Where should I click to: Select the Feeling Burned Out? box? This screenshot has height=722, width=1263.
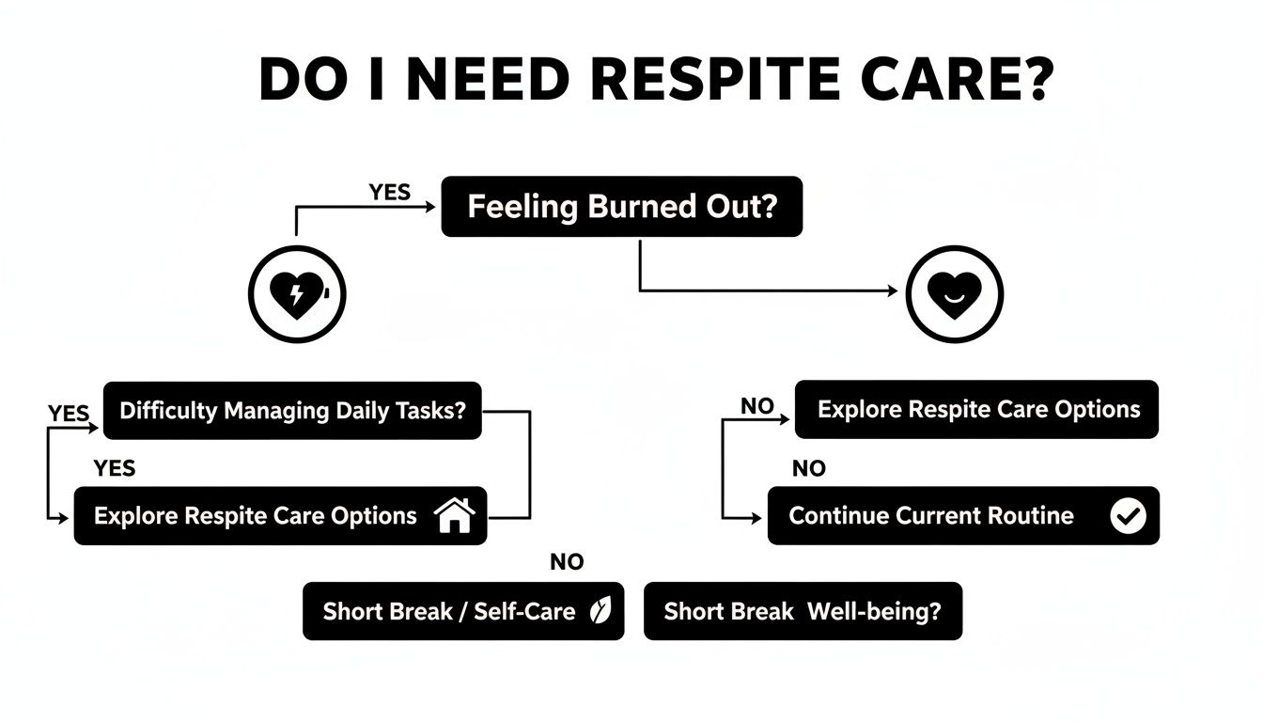click(x=621, y=207)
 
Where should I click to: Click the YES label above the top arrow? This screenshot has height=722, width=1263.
click(x=389, y=192)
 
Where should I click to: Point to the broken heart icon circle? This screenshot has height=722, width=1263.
click(x=297, y=295)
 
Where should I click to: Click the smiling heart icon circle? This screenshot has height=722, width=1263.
click(x=954, y=295)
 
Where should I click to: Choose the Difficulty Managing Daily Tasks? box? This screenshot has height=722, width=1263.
click(x=292, y=411)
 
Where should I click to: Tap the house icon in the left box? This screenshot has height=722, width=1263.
click(x=455, y=515)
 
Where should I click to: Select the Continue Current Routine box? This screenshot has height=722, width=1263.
click(x=962, y=515)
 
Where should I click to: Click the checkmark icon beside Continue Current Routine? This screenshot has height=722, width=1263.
click(x=1128, y=516)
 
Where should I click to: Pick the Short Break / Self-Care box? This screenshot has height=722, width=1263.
click(x=462, y=611)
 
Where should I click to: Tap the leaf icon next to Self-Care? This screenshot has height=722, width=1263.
click(x=599, y=611)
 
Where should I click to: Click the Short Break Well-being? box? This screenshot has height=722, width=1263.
click(x=803, y=611)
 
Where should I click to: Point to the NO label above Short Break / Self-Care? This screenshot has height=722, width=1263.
click(x=567, y=562)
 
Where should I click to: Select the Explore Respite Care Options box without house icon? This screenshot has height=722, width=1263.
click(x=976, y=410)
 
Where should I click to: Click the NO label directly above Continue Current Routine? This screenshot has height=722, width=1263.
click(x=809, y=468)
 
